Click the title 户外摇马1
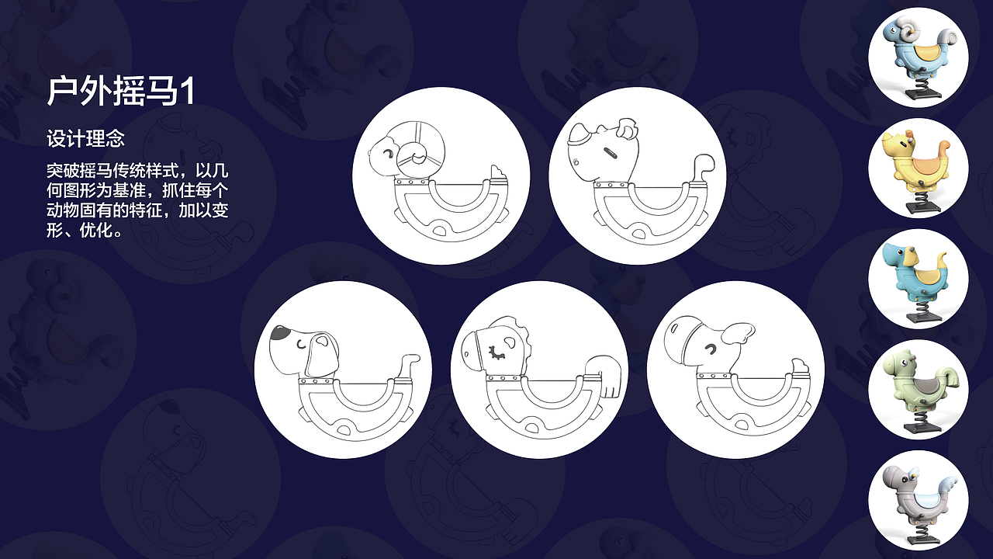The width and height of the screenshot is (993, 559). click(x=120, y=92)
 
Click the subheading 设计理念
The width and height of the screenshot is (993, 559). click(x=85, y=138)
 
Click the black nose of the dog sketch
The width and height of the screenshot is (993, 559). click(x=280, y=332)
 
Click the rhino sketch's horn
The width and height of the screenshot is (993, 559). click(x=579, y=134)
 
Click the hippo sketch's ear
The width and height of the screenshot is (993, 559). click(x=738, y=334)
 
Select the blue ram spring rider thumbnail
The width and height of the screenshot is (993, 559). click(x=918, y=57)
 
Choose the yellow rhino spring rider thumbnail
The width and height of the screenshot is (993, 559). click(x=918, y=168)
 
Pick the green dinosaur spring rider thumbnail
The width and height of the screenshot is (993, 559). click(x=918, y=390)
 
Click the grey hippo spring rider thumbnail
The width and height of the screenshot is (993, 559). click(x=918, y=501)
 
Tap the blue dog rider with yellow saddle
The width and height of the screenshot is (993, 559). click(x=918, y=279)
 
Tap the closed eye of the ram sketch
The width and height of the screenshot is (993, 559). click(x=389, y=154)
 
